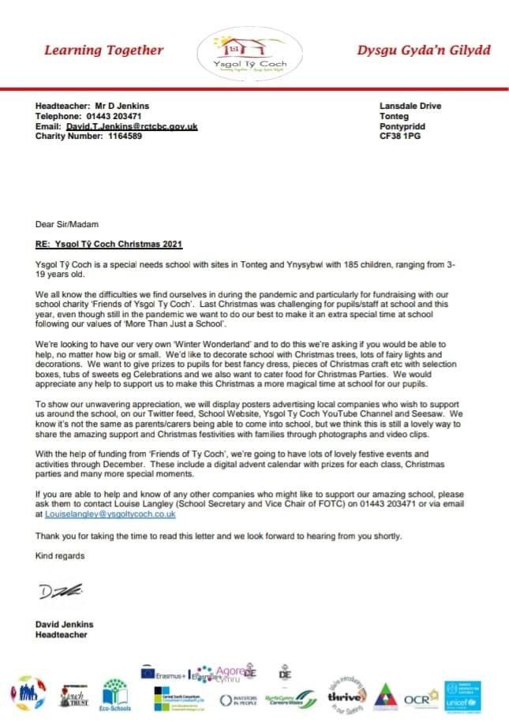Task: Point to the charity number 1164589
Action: coord(118,136)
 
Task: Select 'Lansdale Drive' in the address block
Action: coord(410,106)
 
